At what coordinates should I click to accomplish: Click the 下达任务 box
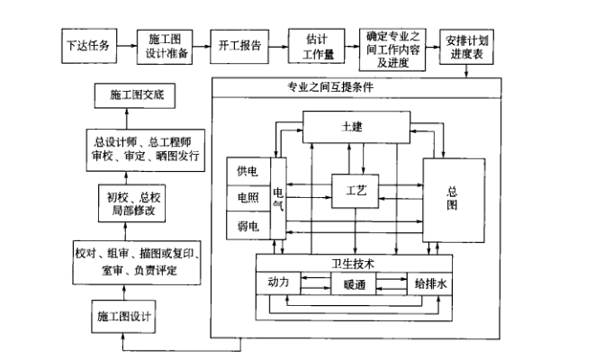(x=91, y=45)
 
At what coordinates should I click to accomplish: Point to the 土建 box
(x=352, y=127)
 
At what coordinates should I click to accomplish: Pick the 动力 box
(x=277, y=283)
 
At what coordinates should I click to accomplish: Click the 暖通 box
(x=353, y=284)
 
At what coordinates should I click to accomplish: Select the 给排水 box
(x=428, y=283)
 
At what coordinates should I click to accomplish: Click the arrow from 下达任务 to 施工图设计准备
(x=126, y=45)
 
